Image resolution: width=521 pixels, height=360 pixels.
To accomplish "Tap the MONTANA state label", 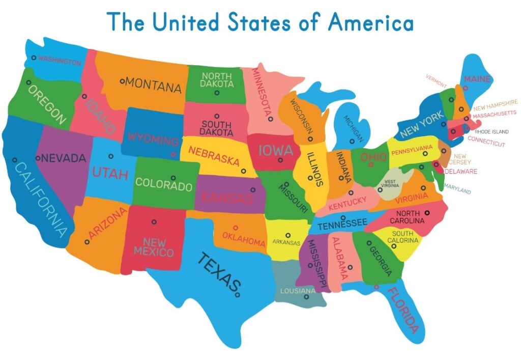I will [153, 85].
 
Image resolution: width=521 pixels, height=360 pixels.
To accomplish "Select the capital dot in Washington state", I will [34, 58].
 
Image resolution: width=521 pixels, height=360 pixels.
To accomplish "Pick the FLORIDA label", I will [405, 310].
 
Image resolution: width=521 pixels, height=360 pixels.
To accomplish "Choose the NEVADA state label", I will [64, 158].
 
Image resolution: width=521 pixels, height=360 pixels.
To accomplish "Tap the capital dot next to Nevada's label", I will [38, 158].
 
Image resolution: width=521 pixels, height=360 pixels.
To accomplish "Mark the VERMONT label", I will [437, 80].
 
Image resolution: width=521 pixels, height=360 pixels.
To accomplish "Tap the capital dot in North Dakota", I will [217, 93].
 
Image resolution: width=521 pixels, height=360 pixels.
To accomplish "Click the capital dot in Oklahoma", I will [235, 228].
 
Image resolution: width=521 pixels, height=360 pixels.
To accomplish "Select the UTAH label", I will [109, 173].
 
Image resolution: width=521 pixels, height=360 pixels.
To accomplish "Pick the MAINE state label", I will [477, 79].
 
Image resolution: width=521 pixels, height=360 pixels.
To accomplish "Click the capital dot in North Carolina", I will [427, 212].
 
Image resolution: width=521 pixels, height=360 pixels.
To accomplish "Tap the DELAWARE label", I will [461, 172].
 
